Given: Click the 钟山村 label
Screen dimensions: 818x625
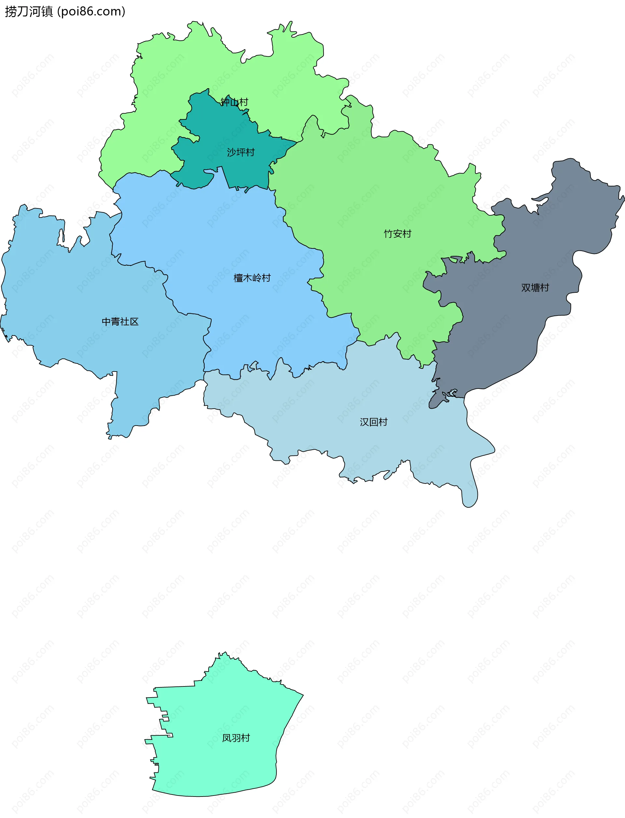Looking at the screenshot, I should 234,102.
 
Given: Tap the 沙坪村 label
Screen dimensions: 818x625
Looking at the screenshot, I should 241,152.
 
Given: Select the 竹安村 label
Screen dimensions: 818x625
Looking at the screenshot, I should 397,234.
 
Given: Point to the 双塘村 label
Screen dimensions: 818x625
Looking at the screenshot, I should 535,288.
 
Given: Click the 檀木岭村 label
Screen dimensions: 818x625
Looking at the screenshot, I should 252,278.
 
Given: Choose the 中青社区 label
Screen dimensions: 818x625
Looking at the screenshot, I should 120,321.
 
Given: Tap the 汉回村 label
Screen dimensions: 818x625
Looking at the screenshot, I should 373,422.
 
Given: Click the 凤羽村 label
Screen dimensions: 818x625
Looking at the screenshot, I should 236,738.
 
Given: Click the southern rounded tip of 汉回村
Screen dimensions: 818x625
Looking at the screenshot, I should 470,501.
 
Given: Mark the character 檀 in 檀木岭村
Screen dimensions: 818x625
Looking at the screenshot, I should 238,278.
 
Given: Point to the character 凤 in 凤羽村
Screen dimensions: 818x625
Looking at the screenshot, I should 227,738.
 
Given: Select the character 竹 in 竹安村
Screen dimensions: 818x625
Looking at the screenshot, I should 388,234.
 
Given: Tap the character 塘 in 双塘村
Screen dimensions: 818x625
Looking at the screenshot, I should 535,288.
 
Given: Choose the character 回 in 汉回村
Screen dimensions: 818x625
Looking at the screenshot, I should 373,422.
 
